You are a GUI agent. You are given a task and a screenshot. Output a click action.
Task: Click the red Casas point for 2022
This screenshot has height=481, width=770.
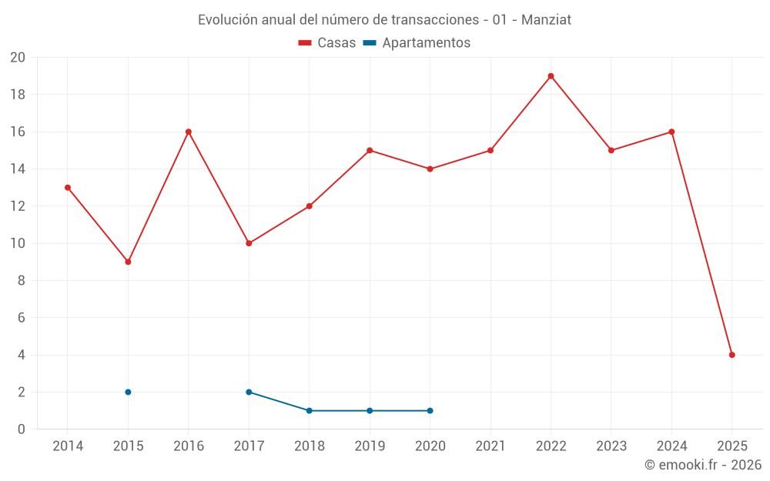[x=551, y=76]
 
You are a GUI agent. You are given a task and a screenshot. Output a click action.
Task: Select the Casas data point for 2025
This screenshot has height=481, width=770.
[x=731, y=355]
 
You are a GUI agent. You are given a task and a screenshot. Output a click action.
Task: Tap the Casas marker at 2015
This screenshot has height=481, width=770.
[x=128, y=262]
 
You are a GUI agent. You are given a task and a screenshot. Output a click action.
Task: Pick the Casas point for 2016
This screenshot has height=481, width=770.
[x=188, y=132]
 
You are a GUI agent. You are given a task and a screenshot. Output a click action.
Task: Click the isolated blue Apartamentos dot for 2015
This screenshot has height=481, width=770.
[x=128, y=392]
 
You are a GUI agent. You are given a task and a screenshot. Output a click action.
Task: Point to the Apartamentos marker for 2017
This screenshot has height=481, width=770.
[x=249, y=392]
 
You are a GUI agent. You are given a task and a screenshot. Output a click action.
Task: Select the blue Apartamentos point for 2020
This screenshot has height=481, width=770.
[x=430, y=410]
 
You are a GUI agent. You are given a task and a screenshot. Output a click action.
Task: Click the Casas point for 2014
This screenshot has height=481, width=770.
[x=68, y=187]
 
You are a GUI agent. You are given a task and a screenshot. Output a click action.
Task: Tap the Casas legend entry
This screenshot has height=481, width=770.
[x=327, y=43]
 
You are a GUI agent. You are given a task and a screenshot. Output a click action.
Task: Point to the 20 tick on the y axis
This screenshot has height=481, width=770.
[x=18, y=58]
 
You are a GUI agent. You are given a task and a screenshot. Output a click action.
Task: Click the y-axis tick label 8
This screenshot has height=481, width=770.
[x=22, y=281]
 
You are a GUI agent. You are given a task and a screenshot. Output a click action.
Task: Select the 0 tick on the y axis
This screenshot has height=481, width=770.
[x=22, y=429]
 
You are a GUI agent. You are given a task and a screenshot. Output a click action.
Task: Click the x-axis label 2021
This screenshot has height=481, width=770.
[x=490, y=446]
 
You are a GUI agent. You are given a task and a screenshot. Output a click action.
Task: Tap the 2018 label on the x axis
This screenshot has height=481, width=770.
[x=309, y=446]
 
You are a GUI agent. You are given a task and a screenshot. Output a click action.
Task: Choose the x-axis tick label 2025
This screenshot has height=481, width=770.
[x=731, y=446]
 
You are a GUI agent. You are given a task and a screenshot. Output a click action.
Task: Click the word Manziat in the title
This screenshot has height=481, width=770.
[x=546, y=20]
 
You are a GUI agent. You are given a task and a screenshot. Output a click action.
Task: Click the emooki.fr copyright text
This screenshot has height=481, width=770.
[x=703, y=465]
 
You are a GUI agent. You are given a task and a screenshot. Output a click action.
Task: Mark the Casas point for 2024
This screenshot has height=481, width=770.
[x=671, y=132]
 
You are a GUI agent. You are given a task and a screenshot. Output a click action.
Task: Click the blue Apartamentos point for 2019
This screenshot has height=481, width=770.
[x=370, y=410]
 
